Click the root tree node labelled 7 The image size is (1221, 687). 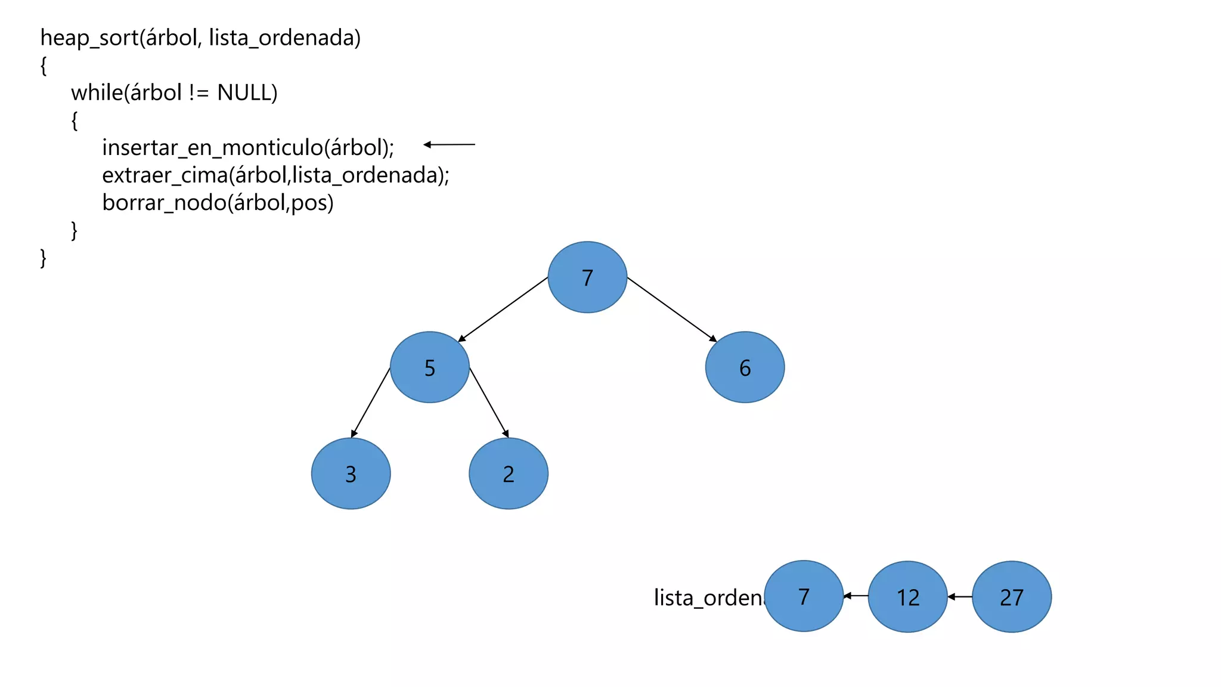coord(587,277)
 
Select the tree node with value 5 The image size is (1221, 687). coord(429,367)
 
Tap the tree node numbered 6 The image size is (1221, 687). coord(745,367)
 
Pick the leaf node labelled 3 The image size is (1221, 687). coord(351,474)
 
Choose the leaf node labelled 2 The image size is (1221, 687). coord(508,474)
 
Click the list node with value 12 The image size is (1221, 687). coord(907,596)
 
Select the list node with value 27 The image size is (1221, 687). coord(1011,596)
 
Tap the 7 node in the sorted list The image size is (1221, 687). coord(804,596)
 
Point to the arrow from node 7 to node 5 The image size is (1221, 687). coord(503,310)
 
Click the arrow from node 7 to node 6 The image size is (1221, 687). coord(672,310)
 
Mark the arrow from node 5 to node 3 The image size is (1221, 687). coord(370,403)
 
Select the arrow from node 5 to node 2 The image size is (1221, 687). coord(489,403)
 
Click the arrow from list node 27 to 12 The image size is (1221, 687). coord(960,596)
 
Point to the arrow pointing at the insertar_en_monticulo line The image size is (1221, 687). coord(449,144)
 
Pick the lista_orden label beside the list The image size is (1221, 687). coord(708,597)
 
